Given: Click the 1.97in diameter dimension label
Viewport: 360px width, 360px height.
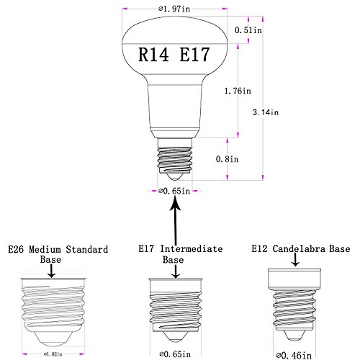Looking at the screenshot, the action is (174, 9).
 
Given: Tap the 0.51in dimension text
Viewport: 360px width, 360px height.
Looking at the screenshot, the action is (248, 30).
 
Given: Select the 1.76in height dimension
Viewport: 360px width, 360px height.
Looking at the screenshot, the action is (238, 91).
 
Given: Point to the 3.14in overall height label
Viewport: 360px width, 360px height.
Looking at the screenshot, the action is (266, 112).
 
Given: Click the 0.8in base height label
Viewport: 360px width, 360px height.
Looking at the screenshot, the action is (227, 159).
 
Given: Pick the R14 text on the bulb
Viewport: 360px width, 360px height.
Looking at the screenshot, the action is (153, 55).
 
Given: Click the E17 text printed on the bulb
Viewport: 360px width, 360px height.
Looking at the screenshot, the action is (195, 55).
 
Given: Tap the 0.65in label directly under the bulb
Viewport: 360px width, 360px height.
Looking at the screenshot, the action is (174, 191).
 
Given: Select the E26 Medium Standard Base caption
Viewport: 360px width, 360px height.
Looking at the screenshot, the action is (58, 254).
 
